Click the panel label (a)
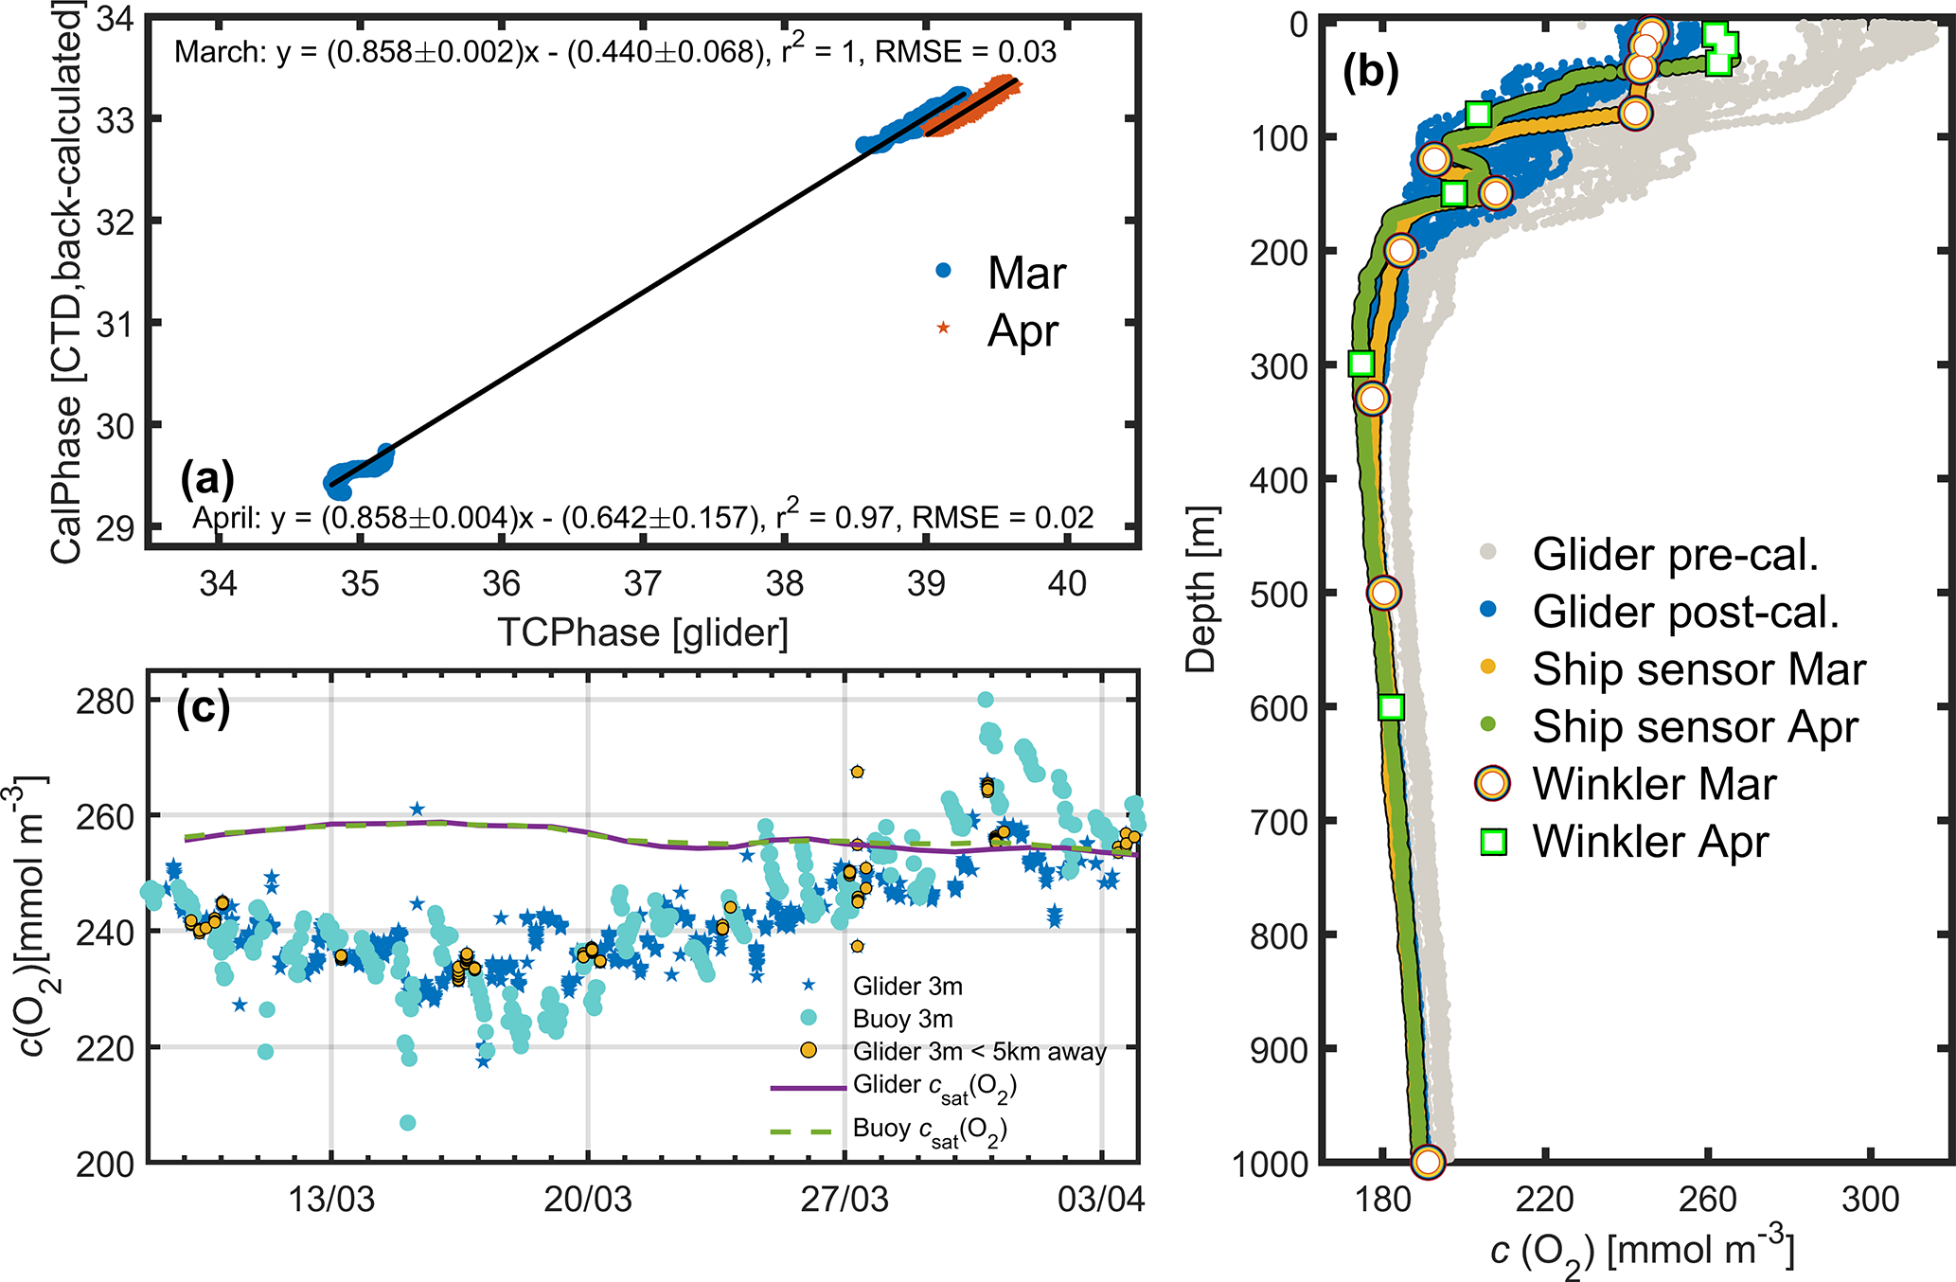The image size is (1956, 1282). click(206, 479)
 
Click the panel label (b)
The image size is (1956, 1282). click(1370, 73)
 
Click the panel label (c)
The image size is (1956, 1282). click(203, 708)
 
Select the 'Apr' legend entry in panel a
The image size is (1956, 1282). click(1022, 330)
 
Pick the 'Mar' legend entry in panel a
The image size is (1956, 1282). click(1026, 273)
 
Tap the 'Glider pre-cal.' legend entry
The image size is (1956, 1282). click(1675, 554)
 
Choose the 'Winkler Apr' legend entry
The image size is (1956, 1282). click(1650, 841)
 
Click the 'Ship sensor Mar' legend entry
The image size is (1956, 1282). click(1698, 668)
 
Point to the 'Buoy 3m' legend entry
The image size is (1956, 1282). click(902, 1019)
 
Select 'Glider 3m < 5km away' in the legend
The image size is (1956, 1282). click(979, 1051)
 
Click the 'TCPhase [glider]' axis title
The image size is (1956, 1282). click(643, 632)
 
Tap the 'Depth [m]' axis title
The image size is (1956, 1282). click(1201, 589)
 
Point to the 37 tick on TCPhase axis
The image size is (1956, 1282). click(643, 583)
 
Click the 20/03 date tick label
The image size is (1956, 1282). click(587, 1200)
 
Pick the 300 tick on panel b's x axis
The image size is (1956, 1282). click(1871, 1200)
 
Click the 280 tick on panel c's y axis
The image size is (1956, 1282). click(105, 702)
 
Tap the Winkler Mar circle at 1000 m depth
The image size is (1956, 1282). click(1428, 1161)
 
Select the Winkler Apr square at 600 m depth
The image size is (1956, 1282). click(1390, 706)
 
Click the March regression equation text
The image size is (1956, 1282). click(614, 51)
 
